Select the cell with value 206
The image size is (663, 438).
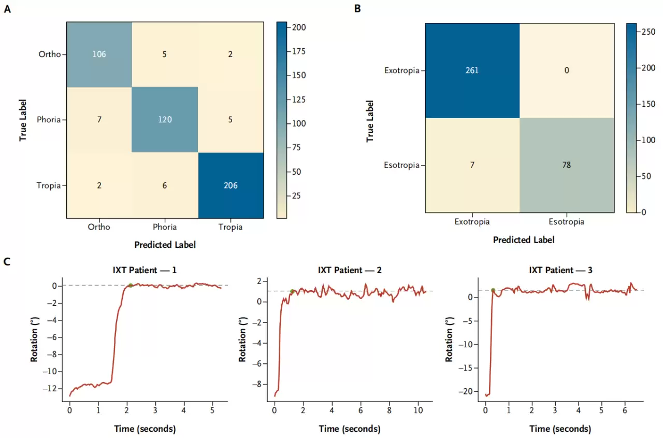(230, 185)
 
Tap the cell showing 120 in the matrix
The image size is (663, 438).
(165, 120)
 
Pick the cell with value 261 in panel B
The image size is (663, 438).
(472, 70)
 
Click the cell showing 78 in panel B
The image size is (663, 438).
(567, 165)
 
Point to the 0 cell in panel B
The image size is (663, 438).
(567, 70)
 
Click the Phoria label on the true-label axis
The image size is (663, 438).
(49, 120)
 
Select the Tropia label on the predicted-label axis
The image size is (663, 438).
(230, 227)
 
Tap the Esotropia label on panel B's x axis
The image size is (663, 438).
(567, 222)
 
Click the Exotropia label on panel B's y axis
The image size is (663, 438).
(401, 70)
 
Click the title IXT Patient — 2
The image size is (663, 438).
(350, 270)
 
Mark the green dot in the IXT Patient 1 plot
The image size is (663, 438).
(131, 285)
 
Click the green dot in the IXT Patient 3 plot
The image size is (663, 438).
(493, 290)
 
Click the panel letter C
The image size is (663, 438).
(7, 261)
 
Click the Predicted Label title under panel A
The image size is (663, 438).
(165, 245)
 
